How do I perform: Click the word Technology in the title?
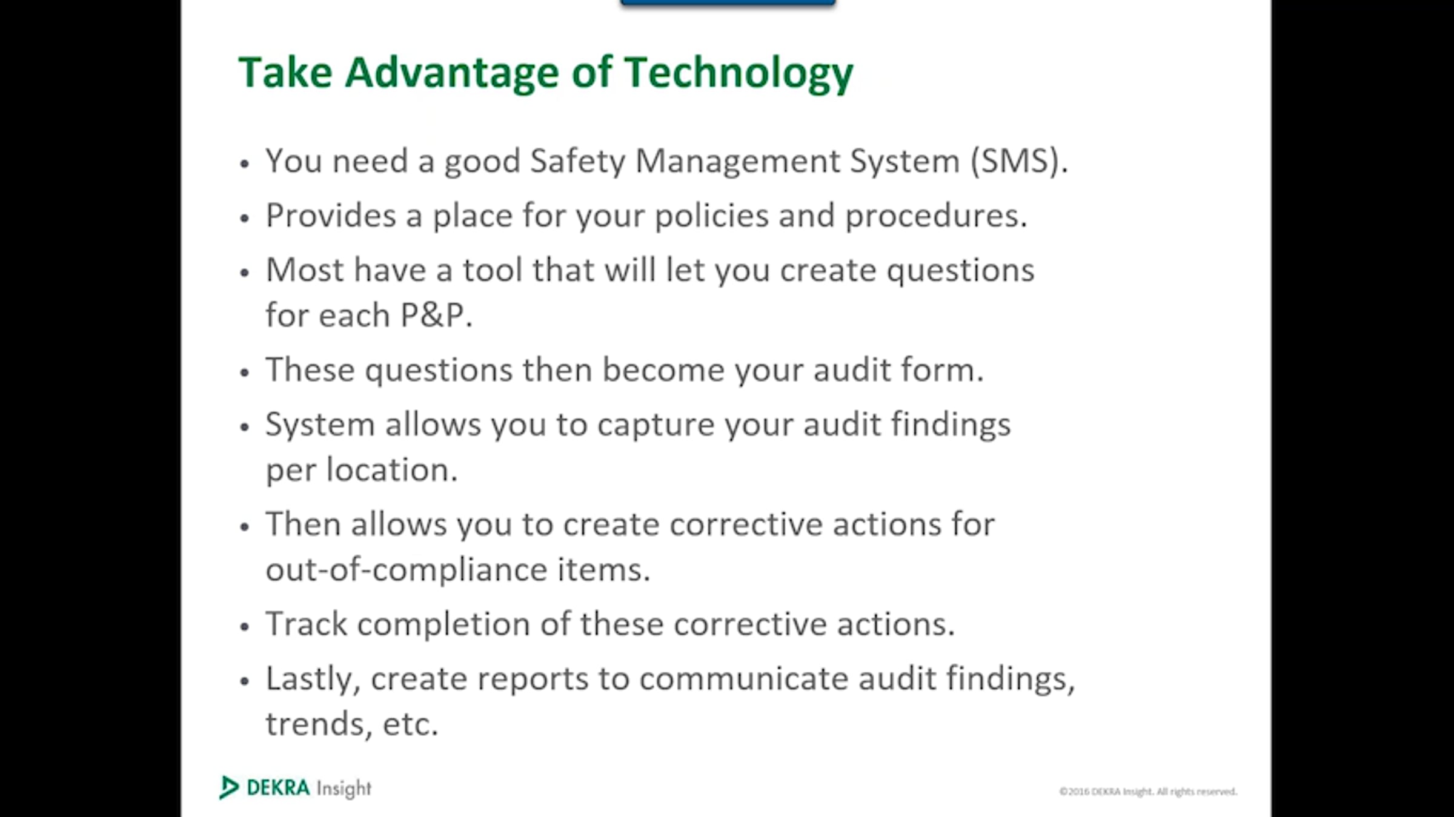pos(739,74)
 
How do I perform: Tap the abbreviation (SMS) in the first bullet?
pos(1019,162)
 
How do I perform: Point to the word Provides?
pos(331,216)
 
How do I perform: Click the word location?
pos(392,470)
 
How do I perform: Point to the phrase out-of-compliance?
pos(407,571)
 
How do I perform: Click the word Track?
pos(307,624)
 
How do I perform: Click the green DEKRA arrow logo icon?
pos(228,787)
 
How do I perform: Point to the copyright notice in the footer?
pos(1148,792)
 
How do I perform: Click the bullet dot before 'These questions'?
pos(245,372)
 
